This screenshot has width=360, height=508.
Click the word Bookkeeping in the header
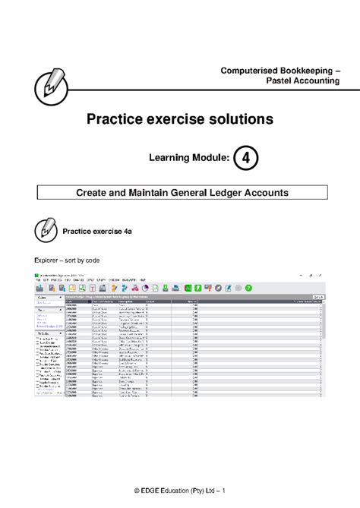pos(302,71)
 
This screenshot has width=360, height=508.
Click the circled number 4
pos(245,157)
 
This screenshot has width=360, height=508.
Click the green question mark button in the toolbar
pos(248,288)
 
